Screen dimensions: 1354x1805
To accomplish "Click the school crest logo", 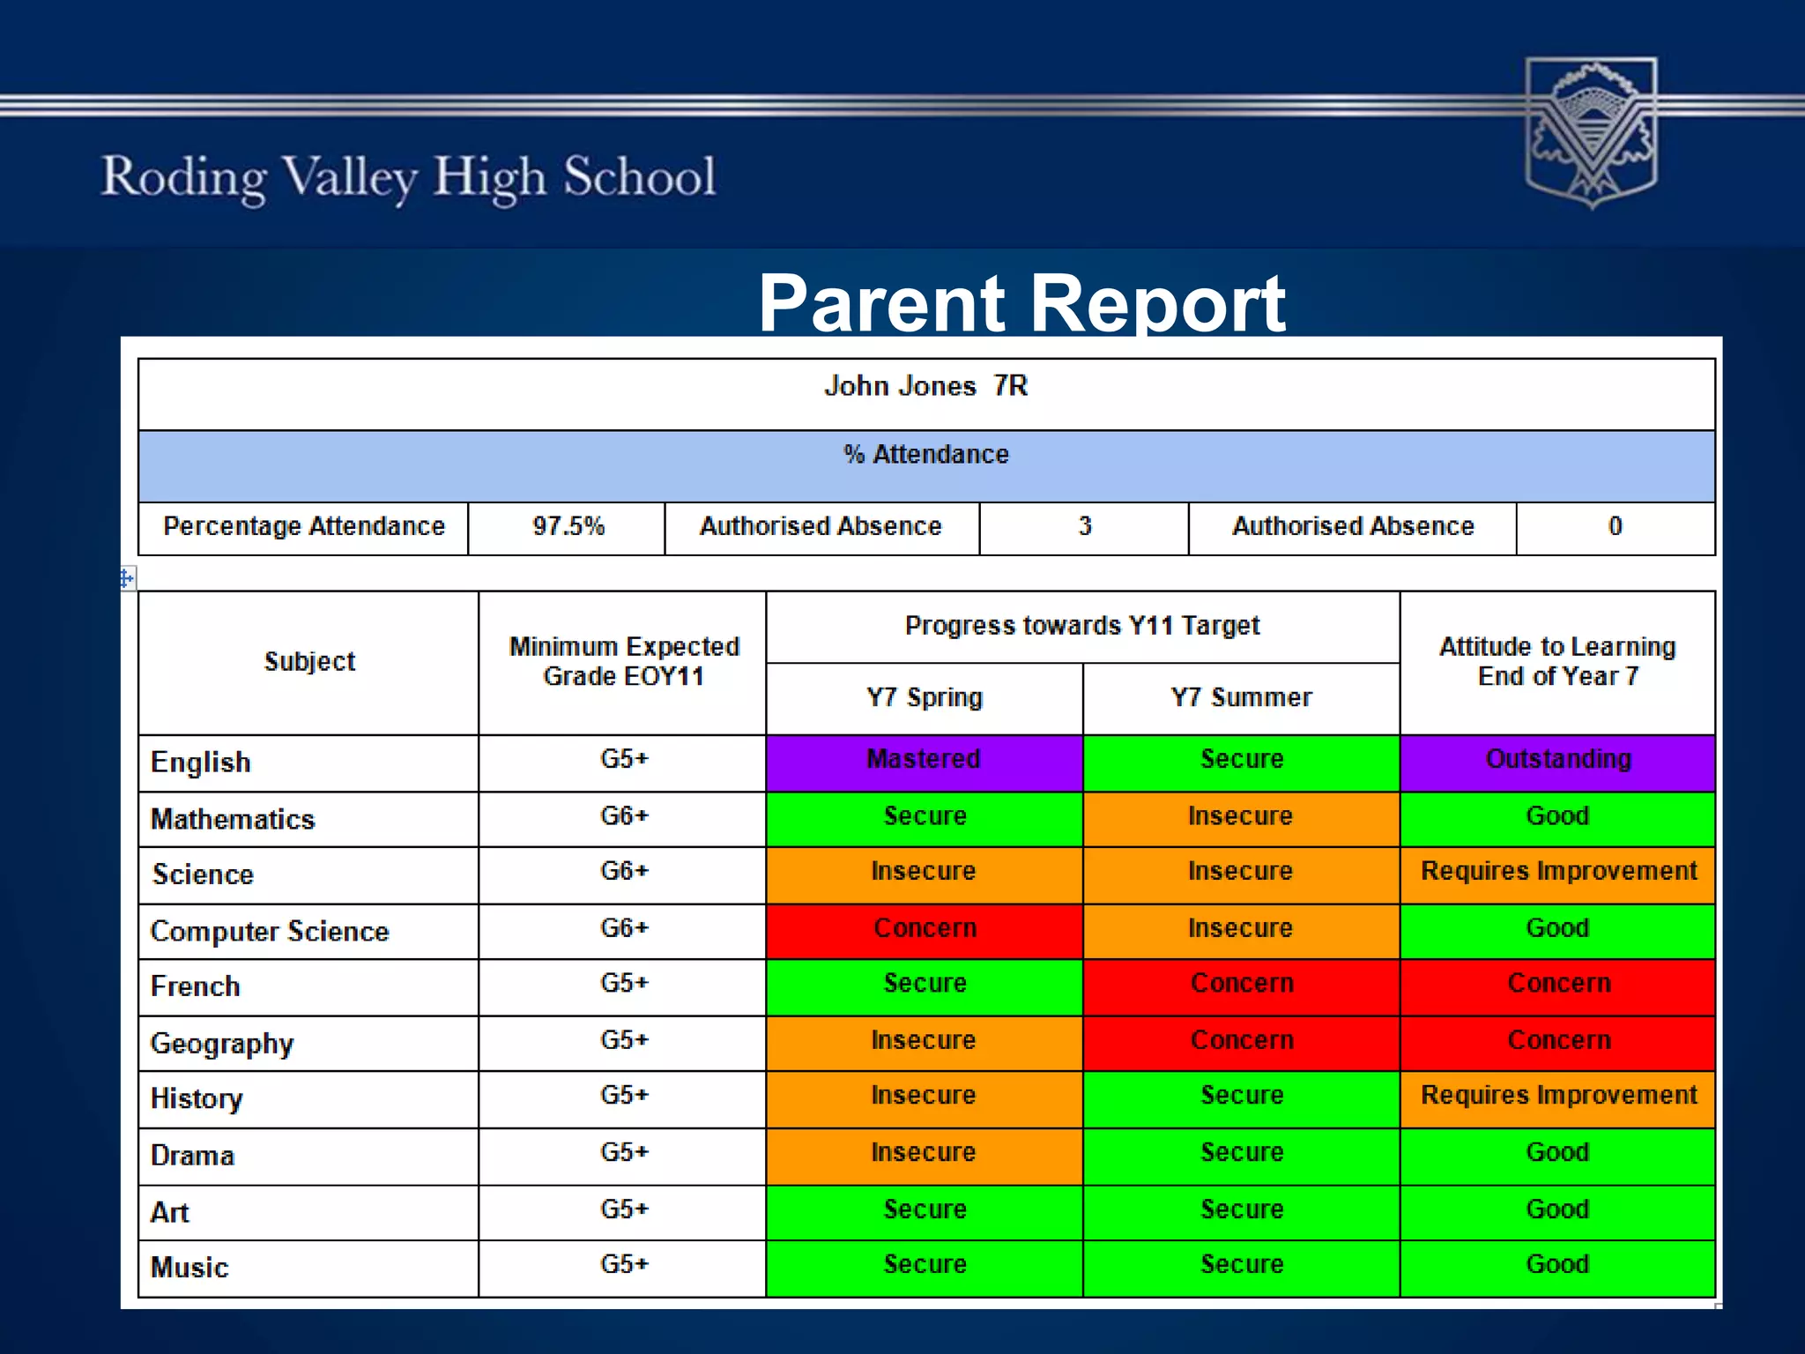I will pos(1591,132).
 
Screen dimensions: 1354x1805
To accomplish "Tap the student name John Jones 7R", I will pos(925,386).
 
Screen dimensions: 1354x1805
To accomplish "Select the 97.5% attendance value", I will pos(568,527).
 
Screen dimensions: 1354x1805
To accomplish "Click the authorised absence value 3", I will pos(1084,527).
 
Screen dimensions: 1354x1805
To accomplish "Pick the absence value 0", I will pos(1615,527).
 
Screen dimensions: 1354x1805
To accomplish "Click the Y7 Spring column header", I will pos(924,697).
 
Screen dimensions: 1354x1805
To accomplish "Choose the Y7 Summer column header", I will pos(1241,697).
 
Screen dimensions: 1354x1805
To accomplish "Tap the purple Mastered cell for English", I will pos(924,760).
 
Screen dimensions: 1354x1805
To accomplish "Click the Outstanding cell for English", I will pos(1557,760).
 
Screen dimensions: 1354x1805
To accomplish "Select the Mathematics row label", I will pos(233,819).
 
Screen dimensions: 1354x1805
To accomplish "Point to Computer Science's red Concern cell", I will pos(924,929).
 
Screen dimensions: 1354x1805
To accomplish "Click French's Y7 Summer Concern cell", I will pos(1241,984).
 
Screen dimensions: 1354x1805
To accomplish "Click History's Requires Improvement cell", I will pos(1557,1096).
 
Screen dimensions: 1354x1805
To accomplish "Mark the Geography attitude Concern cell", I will pos(1557,1041).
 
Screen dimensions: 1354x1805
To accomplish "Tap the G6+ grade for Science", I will pos(624,872).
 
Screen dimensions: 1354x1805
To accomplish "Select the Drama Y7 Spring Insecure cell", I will pos(924,1153).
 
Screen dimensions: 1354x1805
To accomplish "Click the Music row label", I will pos(189,1268).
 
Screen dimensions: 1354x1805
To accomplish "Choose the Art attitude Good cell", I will pos(1557,1209).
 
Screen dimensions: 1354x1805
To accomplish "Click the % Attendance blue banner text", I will pos(925,455).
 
